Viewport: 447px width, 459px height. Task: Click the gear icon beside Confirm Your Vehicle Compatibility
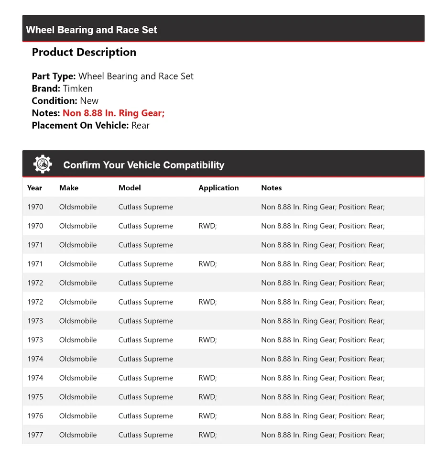coord(43,164)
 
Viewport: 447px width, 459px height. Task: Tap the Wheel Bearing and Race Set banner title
coord(91,30)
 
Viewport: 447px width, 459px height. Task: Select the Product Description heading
coord(84,52)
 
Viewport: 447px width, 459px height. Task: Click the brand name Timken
coord(77,88)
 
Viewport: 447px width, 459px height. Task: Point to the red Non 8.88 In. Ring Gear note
coord(113,113)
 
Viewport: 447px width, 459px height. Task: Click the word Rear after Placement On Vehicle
coord(141,125)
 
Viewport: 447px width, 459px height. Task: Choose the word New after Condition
coord(89,101)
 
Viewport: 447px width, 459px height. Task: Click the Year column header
coord(34,188)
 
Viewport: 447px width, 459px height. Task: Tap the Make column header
coord(69,188)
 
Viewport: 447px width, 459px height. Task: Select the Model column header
coord(130,188)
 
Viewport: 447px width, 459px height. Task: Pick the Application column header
coord(218,188)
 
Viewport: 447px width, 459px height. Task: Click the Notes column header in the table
coord(272,188)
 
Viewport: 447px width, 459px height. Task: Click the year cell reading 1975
coord(35,397)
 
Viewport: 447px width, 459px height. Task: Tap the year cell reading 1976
coord(35,416)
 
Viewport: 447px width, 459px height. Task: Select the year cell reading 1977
coord(35,435)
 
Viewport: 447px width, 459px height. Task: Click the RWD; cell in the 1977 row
coord(207,435)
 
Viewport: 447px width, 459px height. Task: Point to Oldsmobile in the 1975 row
coord(78,397)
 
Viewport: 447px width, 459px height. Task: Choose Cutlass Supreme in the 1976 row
coord(146,416)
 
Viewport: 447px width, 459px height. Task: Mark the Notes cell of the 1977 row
coord(323,435)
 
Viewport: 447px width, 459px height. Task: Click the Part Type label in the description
coord(54,76)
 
